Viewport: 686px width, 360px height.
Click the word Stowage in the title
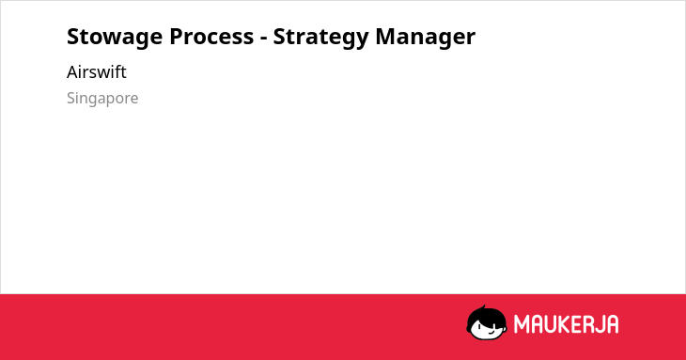115,37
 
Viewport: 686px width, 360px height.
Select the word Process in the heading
211,37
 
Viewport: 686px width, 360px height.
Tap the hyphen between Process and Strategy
263,39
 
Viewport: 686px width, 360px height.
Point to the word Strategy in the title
320,37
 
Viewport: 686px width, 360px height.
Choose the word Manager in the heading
426,37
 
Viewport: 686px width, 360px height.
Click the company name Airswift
96,72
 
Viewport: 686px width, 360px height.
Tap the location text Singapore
102,99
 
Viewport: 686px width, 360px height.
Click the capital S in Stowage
72,37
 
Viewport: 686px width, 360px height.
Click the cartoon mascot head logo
487,322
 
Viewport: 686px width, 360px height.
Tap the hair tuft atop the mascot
484,307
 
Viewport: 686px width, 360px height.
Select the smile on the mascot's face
491,332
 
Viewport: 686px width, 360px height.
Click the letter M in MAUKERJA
522,324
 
